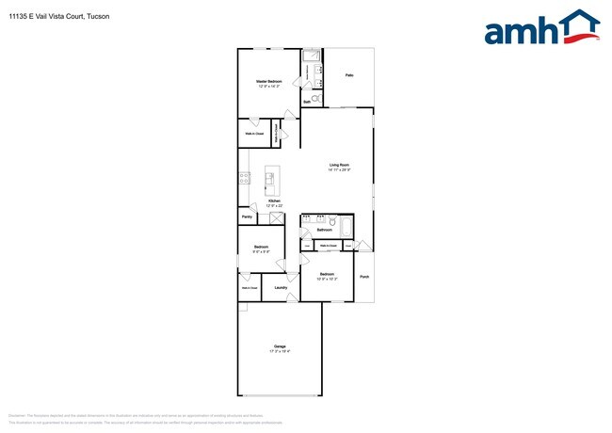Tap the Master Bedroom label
[269, 82]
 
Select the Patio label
[348, 74]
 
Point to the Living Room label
[339, 165]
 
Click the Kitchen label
[274, 200]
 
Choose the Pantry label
[247, 217]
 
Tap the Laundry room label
[281, 287]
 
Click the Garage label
[280, 346]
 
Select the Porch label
[364, 277]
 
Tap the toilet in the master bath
[316, 98]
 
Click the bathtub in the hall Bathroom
[346, 228]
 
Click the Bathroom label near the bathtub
[325, 230]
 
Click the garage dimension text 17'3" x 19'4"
[280, 351]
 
